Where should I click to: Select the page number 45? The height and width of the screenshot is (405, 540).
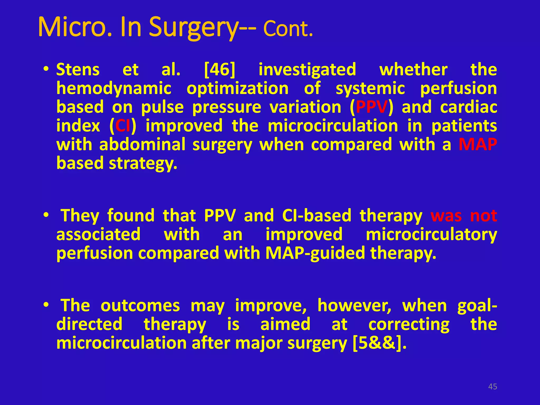pyautogui.click(x=493, y=387)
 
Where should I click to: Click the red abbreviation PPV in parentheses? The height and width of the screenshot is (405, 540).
pyautogui.click(x=372, y=107)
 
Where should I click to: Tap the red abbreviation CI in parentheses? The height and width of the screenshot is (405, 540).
pyautogui.click(x=123, y=126)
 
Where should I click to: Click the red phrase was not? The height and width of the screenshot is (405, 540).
pyautogui.click(x=464, y=216)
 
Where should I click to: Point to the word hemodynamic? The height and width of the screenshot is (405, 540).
pyautogui.click(x=114, y=88)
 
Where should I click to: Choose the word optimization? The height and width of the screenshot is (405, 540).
pyautogui.click(x=238, y=88)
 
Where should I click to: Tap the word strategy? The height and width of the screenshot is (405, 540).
pyautogui.click(x=143, y=163)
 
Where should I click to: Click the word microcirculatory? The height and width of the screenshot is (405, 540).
pyautogui.click(x=431, y=234)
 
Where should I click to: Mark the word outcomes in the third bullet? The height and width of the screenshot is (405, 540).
pyautogui.click(x=140, y=306)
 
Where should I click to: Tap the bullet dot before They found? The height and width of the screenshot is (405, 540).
pyautogui.click(x=46, y=215)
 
